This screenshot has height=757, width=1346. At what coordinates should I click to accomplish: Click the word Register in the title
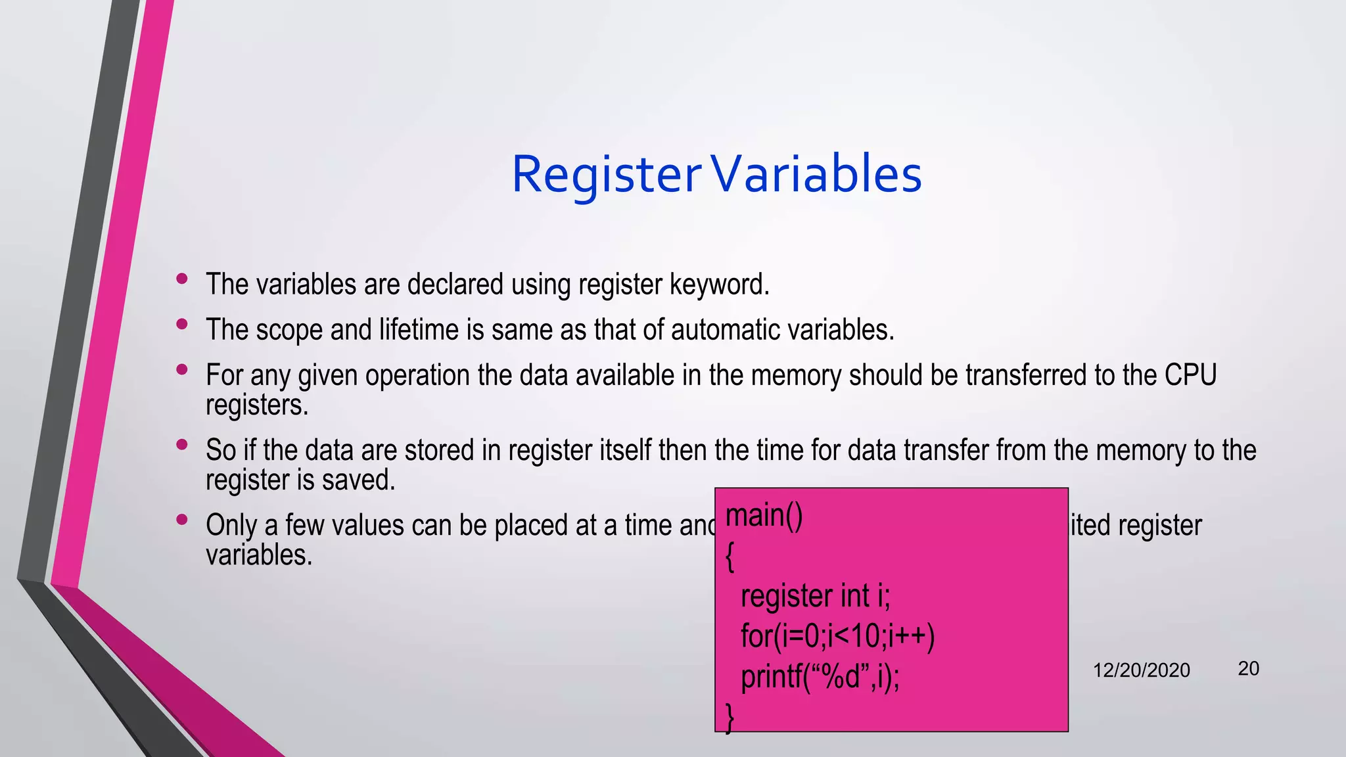(x=606, y=175)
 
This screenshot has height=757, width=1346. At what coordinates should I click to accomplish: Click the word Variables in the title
(x=817, y=175)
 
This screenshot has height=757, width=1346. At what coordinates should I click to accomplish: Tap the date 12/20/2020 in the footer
(x=1141, y=670)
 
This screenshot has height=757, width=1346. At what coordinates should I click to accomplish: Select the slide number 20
(x=1248, y=669)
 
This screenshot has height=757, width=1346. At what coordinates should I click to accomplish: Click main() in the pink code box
(x=764, y=516)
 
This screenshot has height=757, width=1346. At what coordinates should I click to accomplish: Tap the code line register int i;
(x=815, y=597)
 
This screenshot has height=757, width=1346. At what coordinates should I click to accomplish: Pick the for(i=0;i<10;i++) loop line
(x=837, y=636)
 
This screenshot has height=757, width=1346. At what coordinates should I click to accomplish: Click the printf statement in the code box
(x=820, y=677)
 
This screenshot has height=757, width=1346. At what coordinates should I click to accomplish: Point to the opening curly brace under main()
(x=730, y=558)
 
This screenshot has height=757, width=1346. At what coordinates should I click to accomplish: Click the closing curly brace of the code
(x=730, y=718)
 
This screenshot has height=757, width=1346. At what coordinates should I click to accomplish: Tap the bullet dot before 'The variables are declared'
(x=182, y=279)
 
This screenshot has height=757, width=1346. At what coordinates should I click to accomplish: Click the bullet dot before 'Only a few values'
(x=182, y=520)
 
